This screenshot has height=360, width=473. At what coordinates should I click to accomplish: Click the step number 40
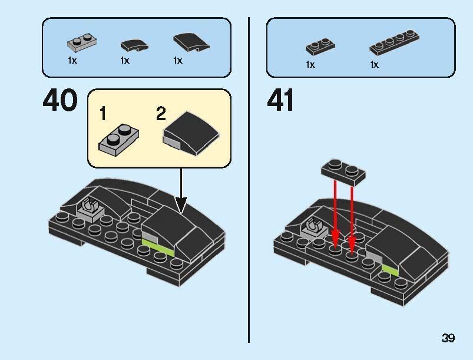[60, 100]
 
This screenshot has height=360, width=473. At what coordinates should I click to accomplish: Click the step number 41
[280, 100]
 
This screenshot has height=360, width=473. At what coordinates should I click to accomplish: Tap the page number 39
[448, 338]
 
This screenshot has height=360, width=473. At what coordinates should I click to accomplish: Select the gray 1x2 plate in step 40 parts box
[82, 42]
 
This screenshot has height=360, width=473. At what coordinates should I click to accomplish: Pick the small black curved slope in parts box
[134, 45]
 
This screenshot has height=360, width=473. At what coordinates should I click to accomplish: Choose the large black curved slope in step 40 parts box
[191, 42]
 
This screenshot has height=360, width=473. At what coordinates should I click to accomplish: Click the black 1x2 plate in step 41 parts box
[320, 46]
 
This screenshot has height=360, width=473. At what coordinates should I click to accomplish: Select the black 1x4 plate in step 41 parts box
[394, 42]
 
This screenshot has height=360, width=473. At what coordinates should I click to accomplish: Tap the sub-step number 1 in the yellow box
[103, 114]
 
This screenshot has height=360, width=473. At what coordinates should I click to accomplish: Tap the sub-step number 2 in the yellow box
[161, 114]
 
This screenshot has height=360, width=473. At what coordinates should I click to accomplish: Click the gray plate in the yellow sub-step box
[119, 140]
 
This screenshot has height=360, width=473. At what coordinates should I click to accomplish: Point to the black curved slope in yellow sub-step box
[191, 134]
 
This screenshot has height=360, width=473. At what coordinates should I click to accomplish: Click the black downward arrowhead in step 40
[181, 205]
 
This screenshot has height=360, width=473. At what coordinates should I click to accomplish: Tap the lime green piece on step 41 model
[390, 270]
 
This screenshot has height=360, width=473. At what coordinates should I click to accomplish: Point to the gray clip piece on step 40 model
[90, 209]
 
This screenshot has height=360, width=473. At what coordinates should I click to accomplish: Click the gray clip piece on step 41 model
[315, 227]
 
